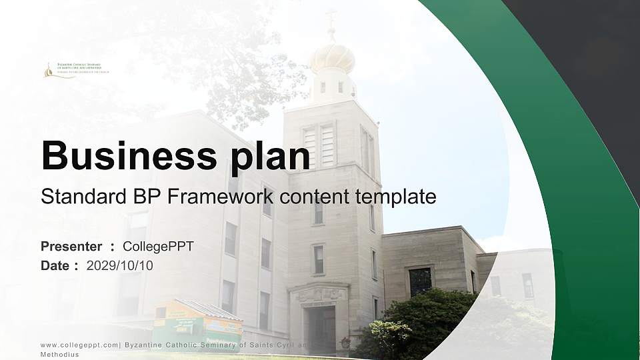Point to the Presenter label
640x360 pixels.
click(71, 247)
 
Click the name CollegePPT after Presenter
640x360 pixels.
click(158, 247)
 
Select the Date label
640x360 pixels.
click(55, 266)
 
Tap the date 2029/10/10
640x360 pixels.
click(120, 266)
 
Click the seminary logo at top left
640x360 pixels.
click(75, 69)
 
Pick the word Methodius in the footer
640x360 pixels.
click(60, 355)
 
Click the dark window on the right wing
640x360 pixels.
click(420, 281)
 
